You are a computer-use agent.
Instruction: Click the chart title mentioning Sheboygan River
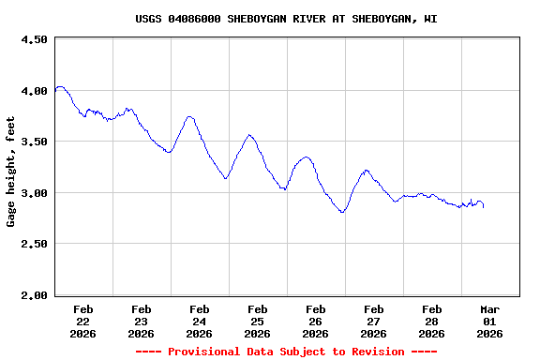(286, 19)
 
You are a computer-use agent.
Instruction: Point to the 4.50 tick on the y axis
(34, 39)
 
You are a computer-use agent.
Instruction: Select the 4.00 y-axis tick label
(34, 91)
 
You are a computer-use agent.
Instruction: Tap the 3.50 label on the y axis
(34, 142)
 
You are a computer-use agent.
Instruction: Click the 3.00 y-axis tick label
(34, 193)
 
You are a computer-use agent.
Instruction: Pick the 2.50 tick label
(34, 244)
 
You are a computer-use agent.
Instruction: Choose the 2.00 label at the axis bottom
(34, 295)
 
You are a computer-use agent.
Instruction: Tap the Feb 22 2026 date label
(83, 321)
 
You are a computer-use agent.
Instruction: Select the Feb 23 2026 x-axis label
(142, 321)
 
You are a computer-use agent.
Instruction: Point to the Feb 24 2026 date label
(200, 321)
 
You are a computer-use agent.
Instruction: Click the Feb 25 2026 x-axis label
(258, 321)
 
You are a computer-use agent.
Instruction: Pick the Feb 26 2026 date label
(316, 321)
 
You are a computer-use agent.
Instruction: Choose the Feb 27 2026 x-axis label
(374, 321)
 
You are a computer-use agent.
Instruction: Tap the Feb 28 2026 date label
(432, 321)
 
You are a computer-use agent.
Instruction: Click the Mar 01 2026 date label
(490, 321)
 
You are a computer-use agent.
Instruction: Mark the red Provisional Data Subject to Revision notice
(286, 352)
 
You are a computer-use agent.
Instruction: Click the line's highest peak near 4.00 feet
(60, 86)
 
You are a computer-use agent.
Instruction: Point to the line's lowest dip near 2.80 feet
(343, 213)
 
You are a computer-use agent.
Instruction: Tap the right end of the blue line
(484, 206)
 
